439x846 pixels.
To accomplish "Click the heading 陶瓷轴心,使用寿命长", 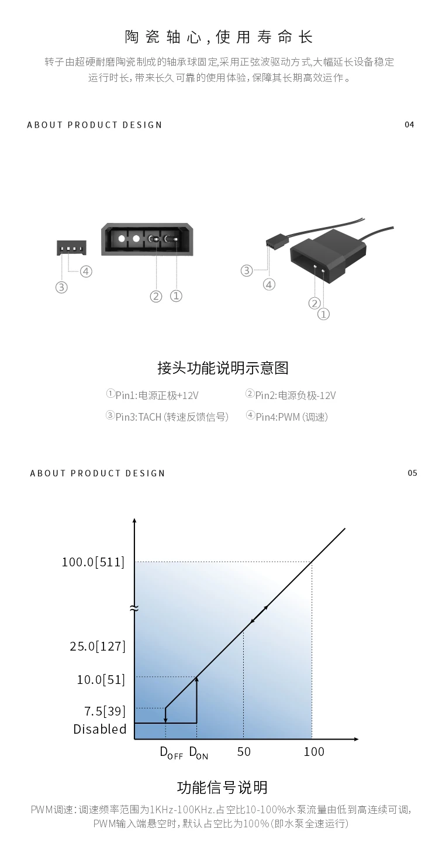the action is pos(219,37).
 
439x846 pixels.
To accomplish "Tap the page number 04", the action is pos(409,125).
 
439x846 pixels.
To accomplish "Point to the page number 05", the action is pos(412,473).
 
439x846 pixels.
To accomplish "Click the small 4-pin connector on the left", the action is pos(71,247).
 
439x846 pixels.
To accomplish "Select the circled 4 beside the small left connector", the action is pos(87,271).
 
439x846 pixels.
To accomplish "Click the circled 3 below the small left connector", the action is pos(61,287).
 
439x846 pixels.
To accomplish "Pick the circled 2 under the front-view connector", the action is pos(155,296).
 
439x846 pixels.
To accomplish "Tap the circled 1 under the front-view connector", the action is pos(176,296).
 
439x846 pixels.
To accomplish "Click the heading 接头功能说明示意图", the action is pos(223,368).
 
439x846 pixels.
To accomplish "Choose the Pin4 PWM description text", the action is pos(286,417).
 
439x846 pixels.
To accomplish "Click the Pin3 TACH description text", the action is pos(167,417).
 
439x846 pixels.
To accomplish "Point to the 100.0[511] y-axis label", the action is pos(94,562).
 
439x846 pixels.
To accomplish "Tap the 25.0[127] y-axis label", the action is pos(98,646).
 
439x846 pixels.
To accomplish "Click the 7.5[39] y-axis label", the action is pos(105,711).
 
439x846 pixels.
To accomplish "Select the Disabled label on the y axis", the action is pos(100,729).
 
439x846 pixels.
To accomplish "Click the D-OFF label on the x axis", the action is pos(171,753).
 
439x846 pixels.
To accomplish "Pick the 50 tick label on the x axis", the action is pos(244,751).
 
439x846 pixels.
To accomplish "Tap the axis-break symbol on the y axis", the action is pos(134,608).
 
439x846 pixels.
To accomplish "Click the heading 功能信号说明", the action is pos(222,787).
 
